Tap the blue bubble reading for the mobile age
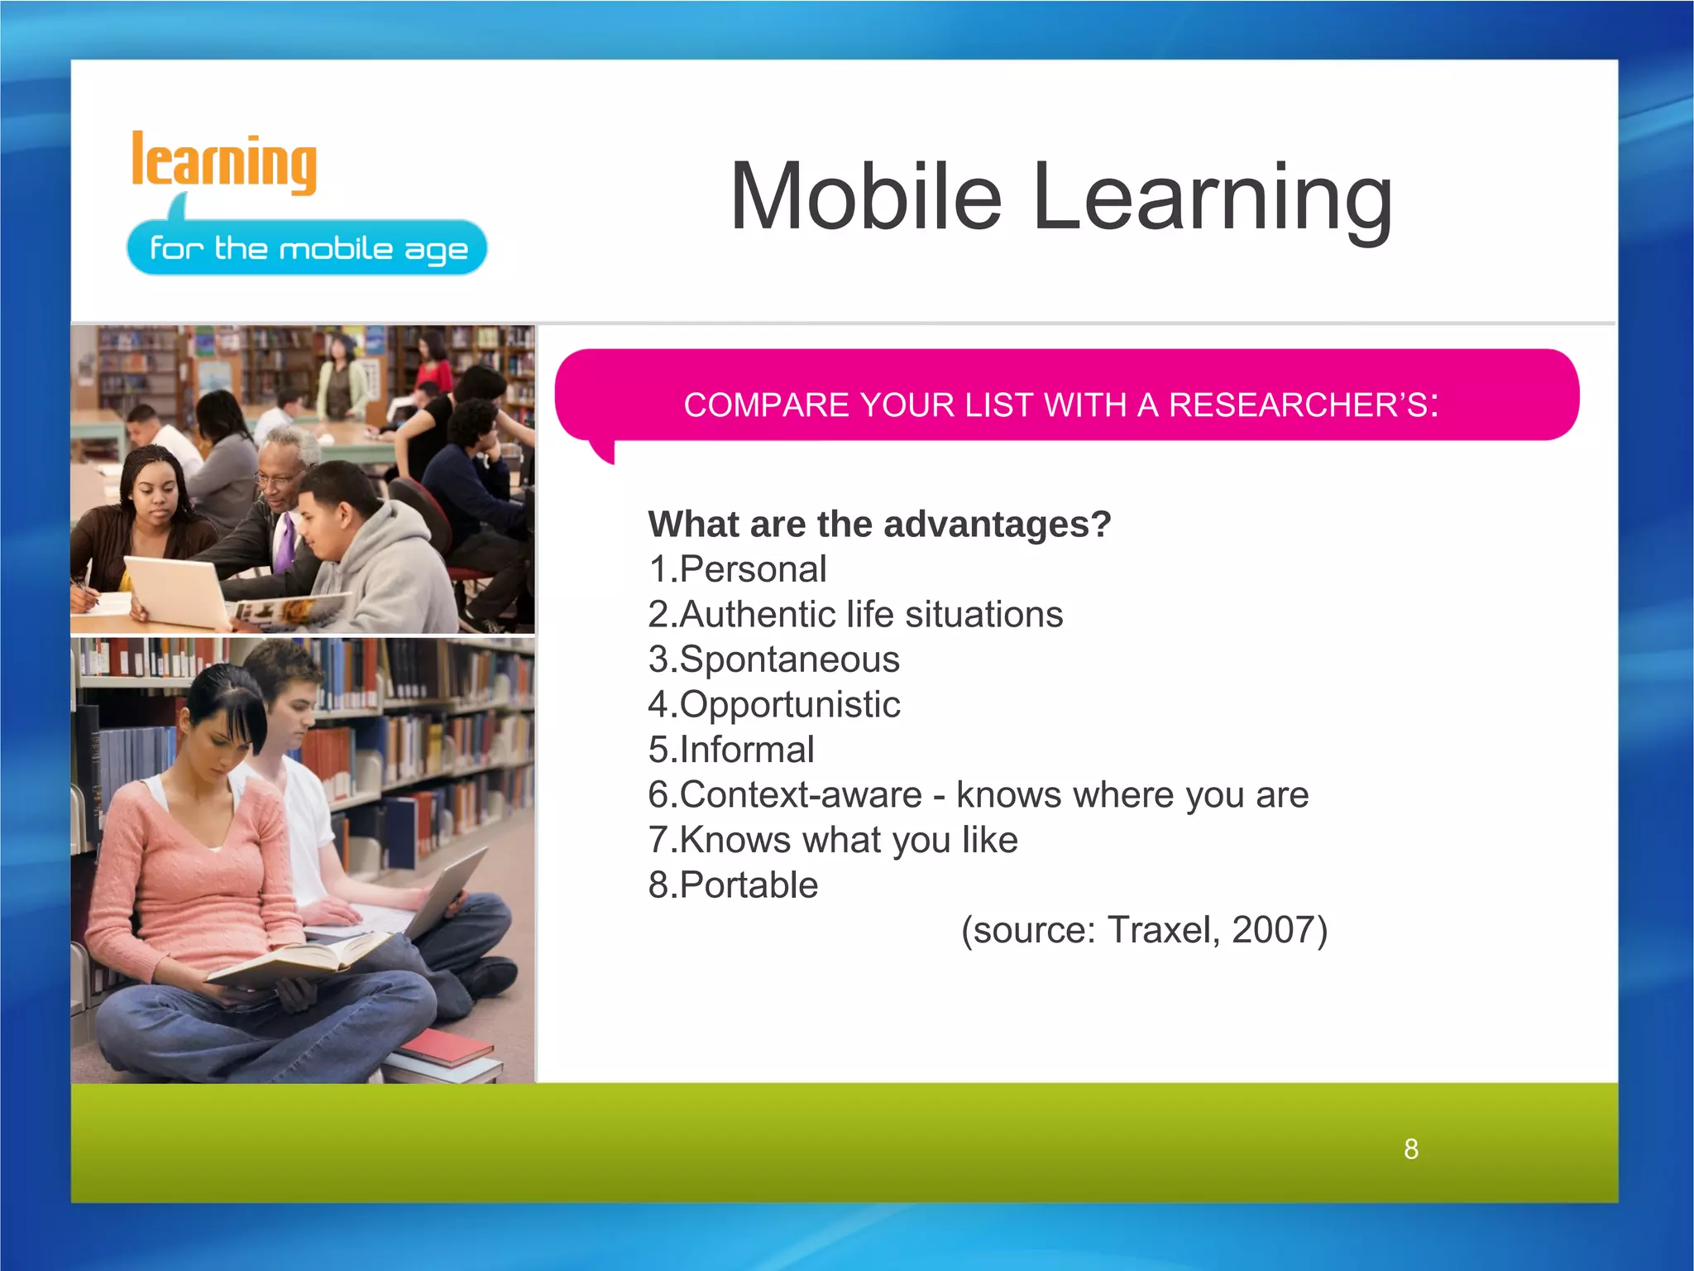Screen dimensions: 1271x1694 point(307,248)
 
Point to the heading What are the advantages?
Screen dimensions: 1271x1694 point(879,524)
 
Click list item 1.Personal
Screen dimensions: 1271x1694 point(737,569)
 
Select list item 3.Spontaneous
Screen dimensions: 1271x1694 point(773,659)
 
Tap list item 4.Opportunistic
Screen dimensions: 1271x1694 point(773,704)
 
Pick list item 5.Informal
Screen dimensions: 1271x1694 point(731,750)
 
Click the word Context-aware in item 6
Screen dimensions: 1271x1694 point(800,795)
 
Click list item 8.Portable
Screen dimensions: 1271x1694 point(733,885)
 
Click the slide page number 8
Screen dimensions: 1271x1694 point(1411,1149)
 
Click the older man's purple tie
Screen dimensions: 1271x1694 point(285,542)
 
